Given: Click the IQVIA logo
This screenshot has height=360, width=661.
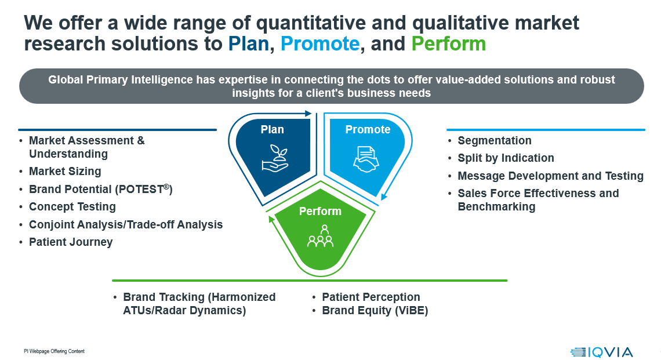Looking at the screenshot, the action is point(601,352).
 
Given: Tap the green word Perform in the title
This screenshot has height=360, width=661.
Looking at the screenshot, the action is point(449,44).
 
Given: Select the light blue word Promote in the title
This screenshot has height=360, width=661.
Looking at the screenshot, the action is point(320,44).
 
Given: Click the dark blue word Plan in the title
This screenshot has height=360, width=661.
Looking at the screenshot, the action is point(249,44).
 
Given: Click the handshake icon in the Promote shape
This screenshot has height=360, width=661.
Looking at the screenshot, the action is point(366,159).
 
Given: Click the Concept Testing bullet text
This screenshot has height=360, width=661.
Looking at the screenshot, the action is point(72,206).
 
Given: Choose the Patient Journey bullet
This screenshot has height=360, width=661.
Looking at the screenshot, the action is point(71,242).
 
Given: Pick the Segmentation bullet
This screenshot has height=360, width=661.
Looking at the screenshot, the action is point(495,141).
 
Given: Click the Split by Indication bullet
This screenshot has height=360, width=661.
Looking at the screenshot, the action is point(506,158).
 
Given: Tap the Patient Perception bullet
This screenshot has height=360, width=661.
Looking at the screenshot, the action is point(371,297).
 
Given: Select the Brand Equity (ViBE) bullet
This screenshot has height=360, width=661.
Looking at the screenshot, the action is point(375,310).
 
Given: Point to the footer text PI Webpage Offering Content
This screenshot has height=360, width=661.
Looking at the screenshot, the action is point(54,351).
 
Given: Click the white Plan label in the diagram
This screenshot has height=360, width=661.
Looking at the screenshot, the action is point(273,129).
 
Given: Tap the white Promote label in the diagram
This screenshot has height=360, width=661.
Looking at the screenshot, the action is point(368,129).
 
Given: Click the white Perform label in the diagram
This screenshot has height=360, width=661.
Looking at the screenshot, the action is point(320,211).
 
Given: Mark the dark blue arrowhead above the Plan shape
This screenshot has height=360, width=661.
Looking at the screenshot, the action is point(308,114).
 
